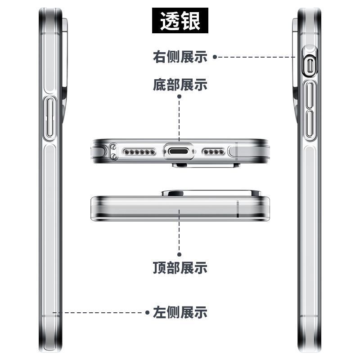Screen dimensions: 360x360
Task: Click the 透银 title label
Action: (180, 20)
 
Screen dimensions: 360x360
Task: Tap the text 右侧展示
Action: (180, 57)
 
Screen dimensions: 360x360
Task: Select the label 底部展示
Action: (180, 85)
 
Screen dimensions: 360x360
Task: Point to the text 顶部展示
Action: (180, 268)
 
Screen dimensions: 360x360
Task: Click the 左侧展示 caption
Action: (180, 312)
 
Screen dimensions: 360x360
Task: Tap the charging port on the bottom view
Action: (180, 152)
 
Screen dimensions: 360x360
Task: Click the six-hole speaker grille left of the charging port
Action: (138, 152)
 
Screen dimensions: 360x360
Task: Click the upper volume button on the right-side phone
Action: (310, 96)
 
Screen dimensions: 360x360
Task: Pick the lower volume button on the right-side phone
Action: (310, 125)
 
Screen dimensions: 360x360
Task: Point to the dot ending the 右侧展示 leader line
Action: (215, 57)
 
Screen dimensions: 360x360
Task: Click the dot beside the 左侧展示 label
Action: (147, 312)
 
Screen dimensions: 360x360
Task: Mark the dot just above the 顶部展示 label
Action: (180, 254)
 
